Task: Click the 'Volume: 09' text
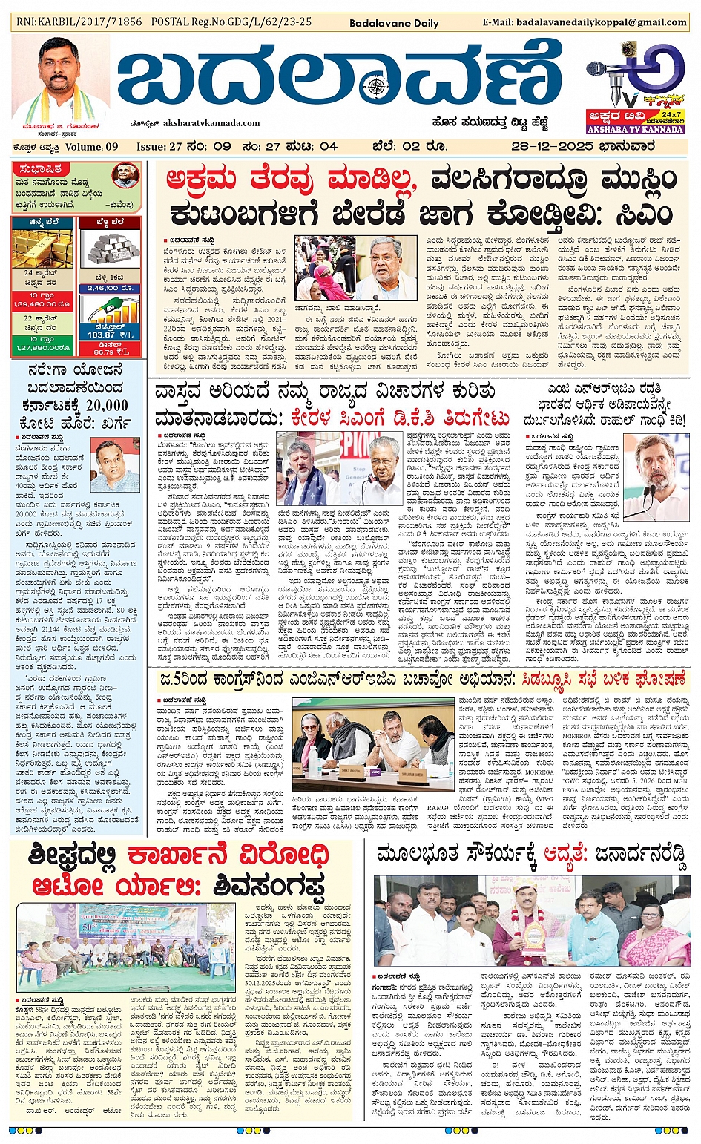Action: pos(92,146)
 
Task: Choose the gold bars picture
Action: pos(42,249)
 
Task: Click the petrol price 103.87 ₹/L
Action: pos(110,335)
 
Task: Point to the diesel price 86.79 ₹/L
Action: pos(110,351)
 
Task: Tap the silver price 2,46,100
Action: pos(110,288)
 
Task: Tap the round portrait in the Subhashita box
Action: pos(125,177)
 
